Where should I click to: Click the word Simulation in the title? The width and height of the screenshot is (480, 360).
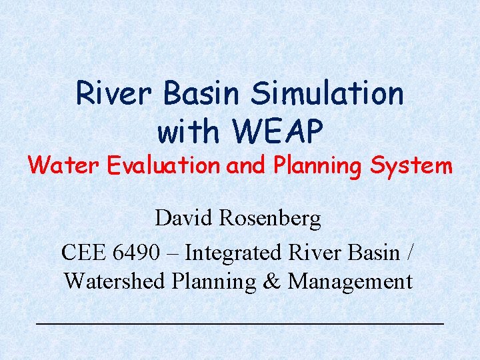[327, 93]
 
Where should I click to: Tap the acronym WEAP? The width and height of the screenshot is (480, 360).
[277, 131]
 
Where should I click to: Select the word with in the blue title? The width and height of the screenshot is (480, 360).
[190, 131]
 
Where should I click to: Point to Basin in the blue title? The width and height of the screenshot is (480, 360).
[200, 93]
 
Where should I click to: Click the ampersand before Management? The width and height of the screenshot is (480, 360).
[271, 281]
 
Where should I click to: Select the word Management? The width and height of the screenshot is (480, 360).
[350, 282]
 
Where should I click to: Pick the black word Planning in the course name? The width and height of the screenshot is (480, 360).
[213, 282]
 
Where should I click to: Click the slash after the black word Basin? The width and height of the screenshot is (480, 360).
[409, 253]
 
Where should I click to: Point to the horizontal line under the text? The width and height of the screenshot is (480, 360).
[239, 323]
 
